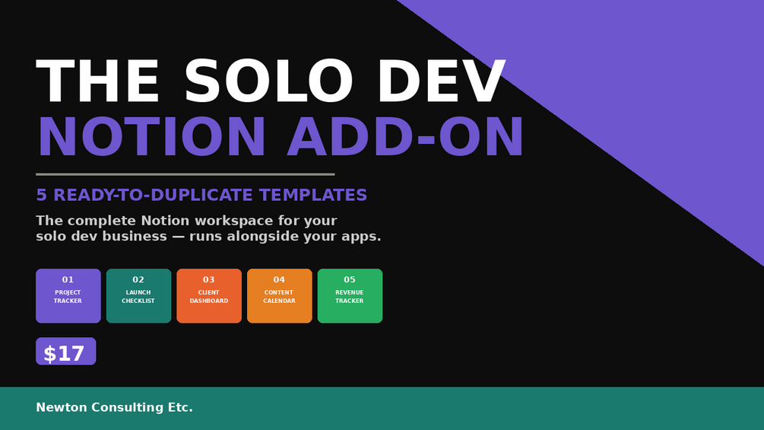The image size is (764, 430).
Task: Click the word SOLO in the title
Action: (268, 81)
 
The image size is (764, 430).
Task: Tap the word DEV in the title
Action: (442, 81)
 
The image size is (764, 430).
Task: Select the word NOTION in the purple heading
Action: (151, 138)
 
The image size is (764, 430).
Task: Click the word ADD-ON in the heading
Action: (405, 138)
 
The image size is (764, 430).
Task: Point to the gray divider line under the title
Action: (185, 174)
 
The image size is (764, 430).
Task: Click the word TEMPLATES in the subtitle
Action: (312, 195)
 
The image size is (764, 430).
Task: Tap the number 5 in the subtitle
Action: (41, 195)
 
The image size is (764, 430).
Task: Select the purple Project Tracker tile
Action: (68, 296)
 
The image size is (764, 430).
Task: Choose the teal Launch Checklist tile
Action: (139, 296)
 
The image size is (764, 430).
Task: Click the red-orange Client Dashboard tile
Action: (209, 296)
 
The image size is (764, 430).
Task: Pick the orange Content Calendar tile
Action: (280, 296)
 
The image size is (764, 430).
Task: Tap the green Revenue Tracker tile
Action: (350, 296)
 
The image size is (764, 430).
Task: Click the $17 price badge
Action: (66, 351)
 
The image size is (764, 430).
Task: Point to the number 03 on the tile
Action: (209, 280)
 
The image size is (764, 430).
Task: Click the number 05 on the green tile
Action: (350, 280)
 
